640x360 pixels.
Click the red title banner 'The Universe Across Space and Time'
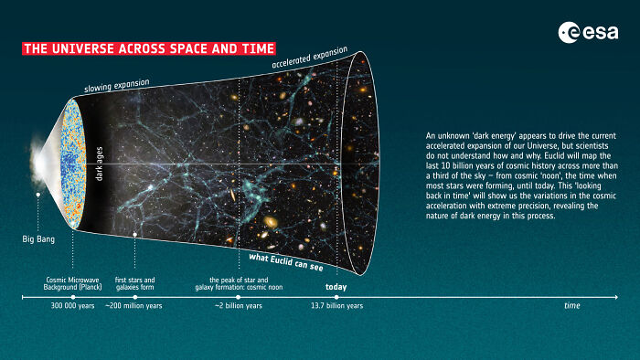pyautogui.click(x=148, y=48)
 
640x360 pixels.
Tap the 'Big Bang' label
pyautogui.click(x=37, y=239)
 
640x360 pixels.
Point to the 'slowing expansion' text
pyautogui.click(x=117, y=87)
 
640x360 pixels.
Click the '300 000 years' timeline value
pyautogui.click(x=73, y=305)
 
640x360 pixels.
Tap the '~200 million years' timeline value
pyautogui.click(x=133, y=305)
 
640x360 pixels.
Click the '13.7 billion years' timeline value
pyautogui.click(x=336, y=305)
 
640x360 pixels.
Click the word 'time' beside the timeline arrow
pyautogui.click(x=571, y=305)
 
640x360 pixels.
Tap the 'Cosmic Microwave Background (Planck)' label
pyautogui.click(x=73, y=283)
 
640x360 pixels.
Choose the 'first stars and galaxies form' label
pyautogui.click(x=134, y=283)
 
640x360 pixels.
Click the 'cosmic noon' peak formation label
pyautogui.click(x=239, y=283)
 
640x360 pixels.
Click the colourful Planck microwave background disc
pyautogui.click(x=74, y=164)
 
